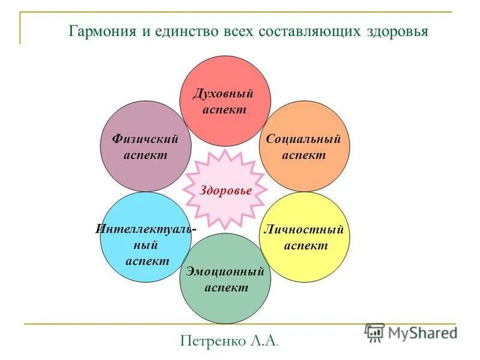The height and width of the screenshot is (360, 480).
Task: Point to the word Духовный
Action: click(x=223, y=94)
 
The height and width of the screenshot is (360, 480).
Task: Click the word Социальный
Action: click(x=303, y=140)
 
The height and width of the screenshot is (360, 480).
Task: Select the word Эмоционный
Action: click(x=225, y=272)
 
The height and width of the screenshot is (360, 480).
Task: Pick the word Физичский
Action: click(x=145, y=140)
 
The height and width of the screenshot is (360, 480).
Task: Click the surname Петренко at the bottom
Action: click(x=212, y=341)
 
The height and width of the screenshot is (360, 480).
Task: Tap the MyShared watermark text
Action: click(x=422, y=332)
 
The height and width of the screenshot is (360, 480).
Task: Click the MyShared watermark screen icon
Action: click(x=374, y=332)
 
